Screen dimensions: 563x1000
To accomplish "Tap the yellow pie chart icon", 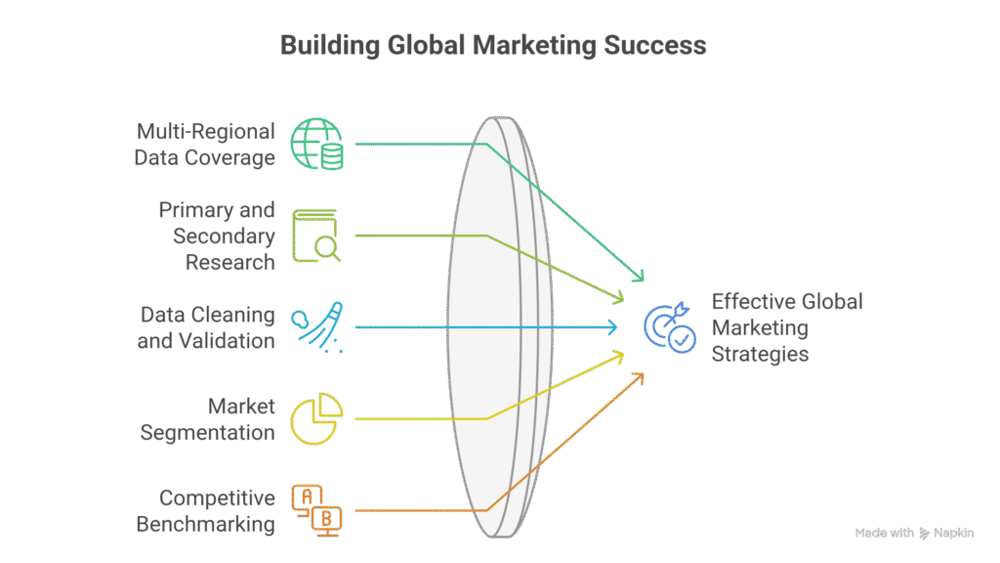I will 317,418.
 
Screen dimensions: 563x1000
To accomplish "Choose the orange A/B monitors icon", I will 317,510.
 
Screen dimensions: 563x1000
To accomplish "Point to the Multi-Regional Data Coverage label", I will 205,144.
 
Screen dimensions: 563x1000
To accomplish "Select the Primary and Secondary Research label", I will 217,236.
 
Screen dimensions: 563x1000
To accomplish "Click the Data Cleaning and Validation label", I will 206,327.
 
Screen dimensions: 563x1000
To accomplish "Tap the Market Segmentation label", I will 208,418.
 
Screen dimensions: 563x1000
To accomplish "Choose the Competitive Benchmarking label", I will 205,510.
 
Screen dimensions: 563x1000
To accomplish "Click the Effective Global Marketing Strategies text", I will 786,326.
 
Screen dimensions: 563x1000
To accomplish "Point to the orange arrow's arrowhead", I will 640,376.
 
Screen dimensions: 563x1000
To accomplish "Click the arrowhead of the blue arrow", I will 612,326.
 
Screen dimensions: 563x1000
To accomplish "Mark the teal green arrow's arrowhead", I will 640,277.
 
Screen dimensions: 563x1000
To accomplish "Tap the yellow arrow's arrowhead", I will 619,355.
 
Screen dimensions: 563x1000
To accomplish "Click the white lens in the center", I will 493,326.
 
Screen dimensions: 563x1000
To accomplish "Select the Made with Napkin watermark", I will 914,533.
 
